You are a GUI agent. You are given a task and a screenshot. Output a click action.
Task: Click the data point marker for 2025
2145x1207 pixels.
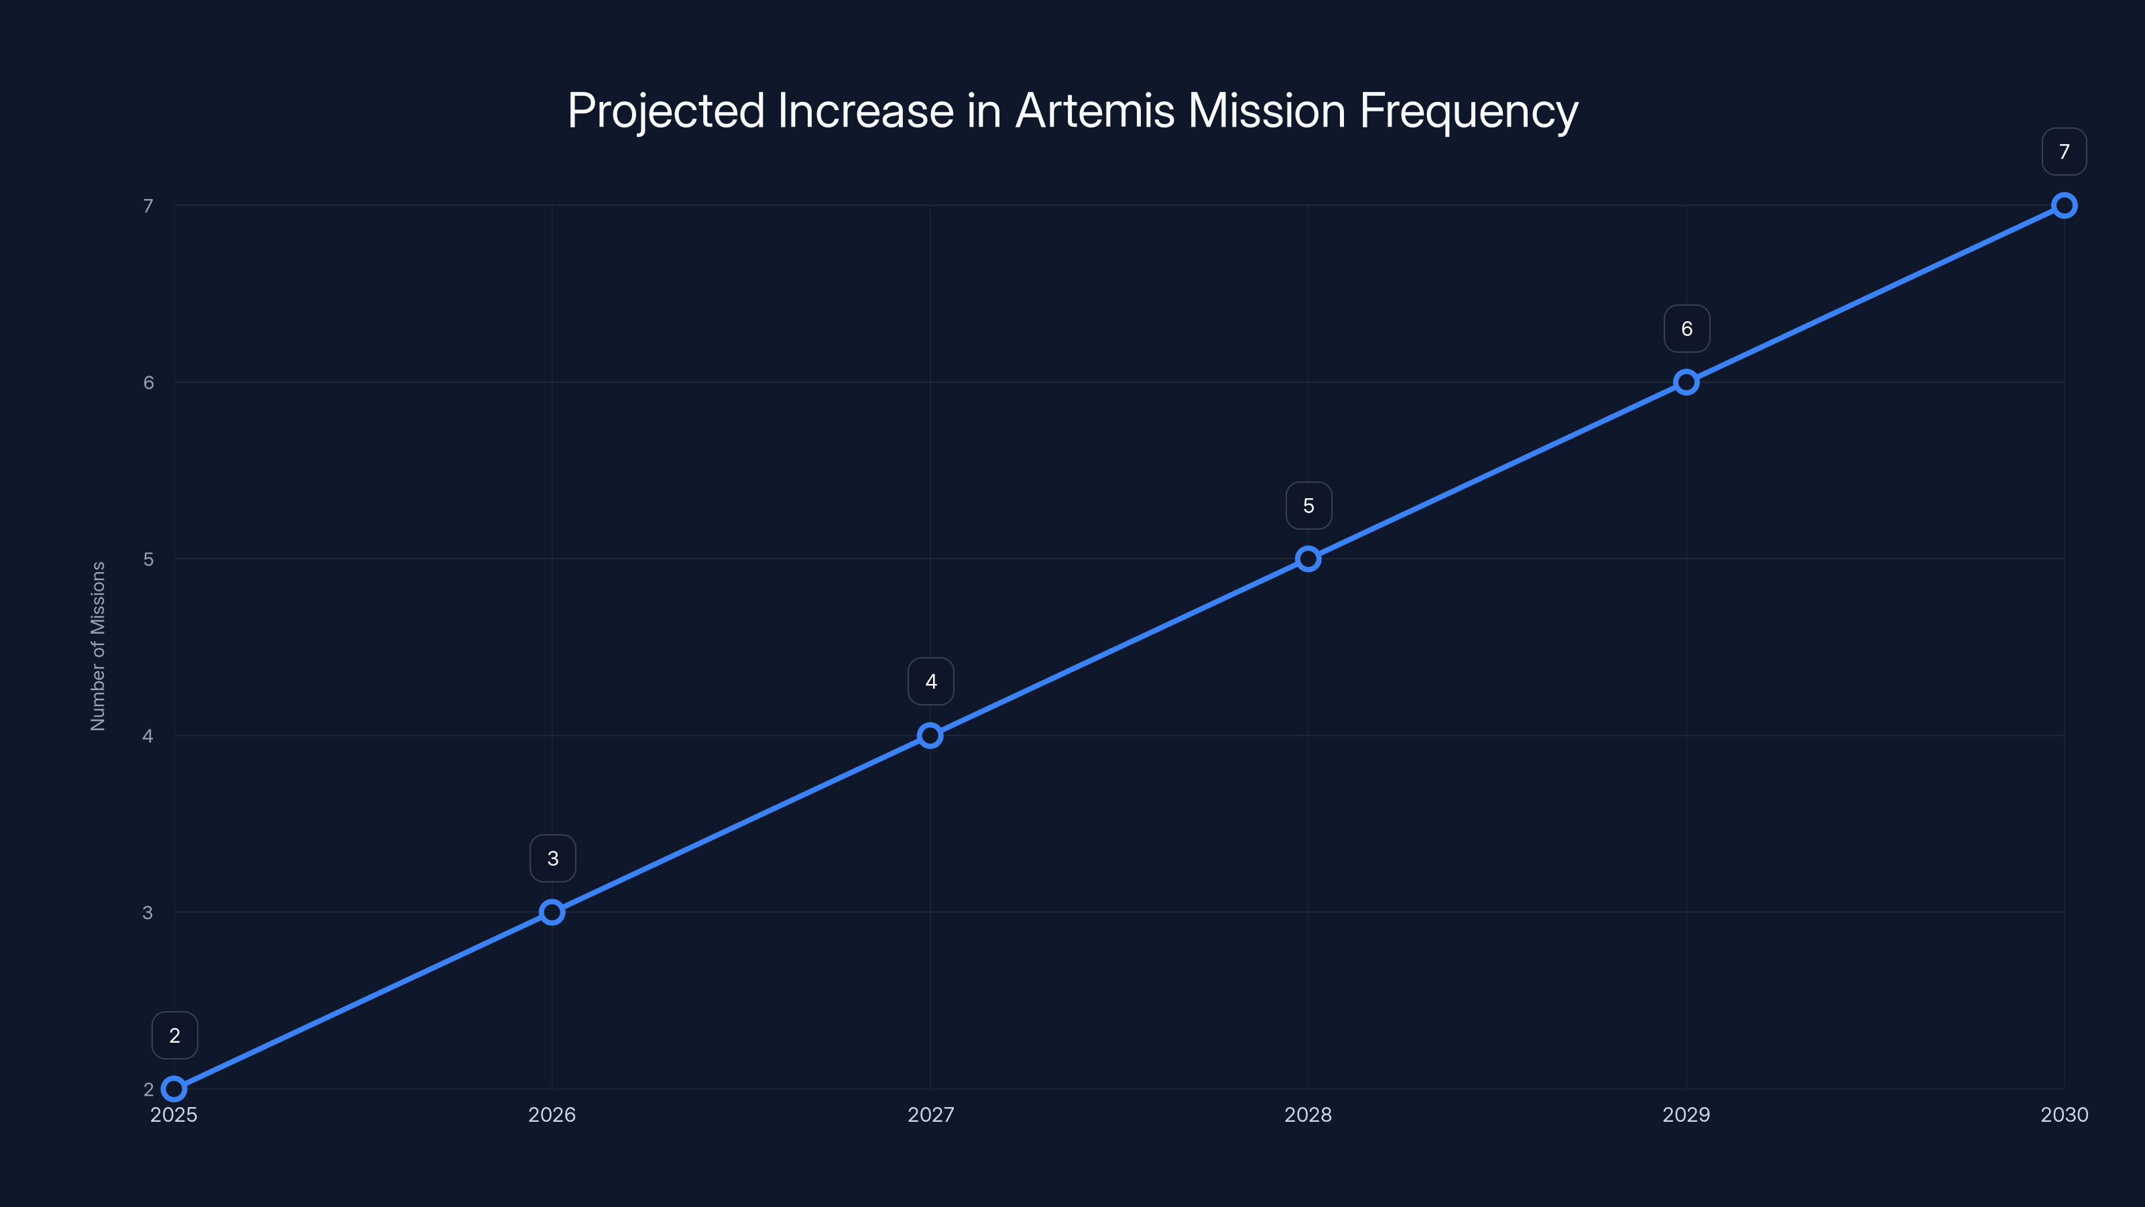pyautogui.click(x=174, y=1089)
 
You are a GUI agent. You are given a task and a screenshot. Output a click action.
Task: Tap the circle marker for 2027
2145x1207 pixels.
pyautogui.click(x=930, y=736)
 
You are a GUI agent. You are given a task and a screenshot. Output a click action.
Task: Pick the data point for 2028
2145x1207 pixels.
pyautogui.click(x=1308, y=559)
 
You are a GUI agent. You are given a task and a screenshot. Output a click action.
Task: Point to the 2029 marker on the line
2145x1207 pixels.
pyautogui.click(x=1687, y=382)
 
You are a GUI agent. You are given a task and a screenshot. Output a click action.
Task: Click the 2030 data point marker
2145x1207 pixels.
pyautogui.click(x=2065, y=206)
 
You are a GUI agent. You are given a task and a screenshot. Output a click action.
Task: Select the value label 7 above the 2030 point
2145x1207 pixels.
pyautogui.click(x=2065, y=152)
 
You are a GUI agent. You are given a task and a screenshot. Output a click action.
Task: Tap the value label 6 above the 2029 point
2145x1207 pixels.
pyautogui.click(x=1687, y=329)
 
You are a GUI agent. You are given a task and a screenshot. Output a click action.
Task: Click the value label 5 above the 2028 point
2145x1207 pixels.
pyautogui.click(x=1308, y=506)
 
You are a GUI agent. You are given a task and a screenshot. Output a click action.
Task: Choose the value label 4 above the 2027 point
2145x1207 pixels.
pyautogui.click(x=930, y=681)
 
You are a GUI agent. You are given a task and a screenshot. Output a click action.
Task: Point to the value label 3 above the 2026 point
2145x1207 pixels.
pyautogui.click(x=552, y=859)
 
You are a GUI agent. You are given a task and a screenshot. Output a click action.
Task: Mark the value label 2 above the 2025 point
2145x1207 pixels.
pyautogui.click(x=174, y=1035)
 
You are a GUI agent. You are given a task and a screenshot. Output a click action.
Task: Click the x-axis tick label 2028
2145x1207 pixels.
pyautogui.click(x=1308, y=1114)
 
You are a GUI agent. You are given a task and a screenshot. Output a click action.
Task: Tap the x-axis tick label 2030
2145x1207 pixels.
pyautogui.click(x=2065, y=1114)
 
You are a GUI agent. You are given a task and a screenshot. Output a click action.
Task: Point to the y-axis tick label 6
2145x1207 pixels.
pyautogui.click(x=148, y=382)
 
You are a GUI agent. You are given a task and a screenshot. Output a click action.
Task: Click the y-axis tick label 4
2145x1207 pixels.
pyautogui.click(x=148, y=736)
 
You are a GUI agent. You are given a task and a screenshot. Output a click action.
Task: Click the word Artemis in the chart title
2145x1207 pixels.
pyautogui.click(x=1095, y=111)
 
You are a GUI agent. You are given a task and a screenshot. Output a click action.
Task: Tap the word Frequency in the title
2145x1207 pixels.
pyautogui.click(x=1469, y=111)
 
